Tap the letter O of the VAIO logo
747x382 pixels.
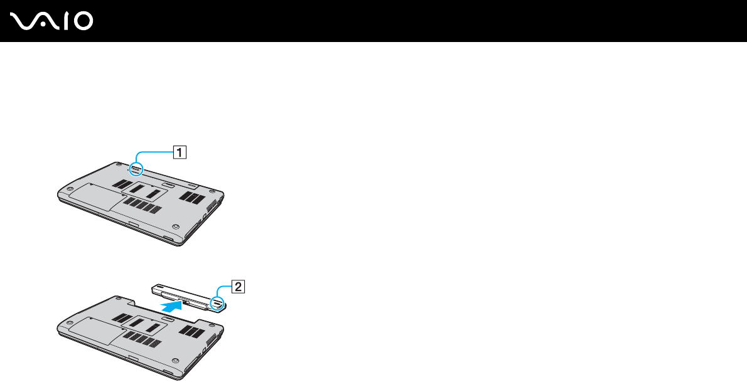[x=82, y=22]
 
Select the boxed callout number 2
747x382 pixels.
[x=238, y=287]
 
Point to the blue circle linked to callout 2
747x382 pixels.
[x=217, y=304]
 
